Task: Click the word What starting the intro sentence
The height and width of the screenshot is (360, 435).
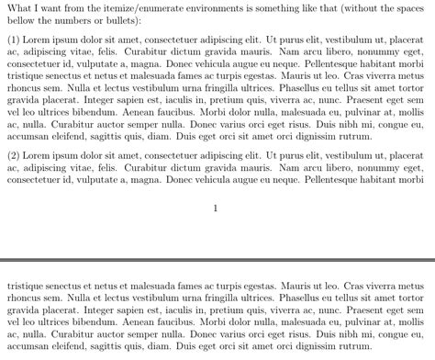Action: (20, 7)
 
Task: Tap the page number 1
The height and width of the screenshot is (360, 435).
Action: (215, 208)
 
